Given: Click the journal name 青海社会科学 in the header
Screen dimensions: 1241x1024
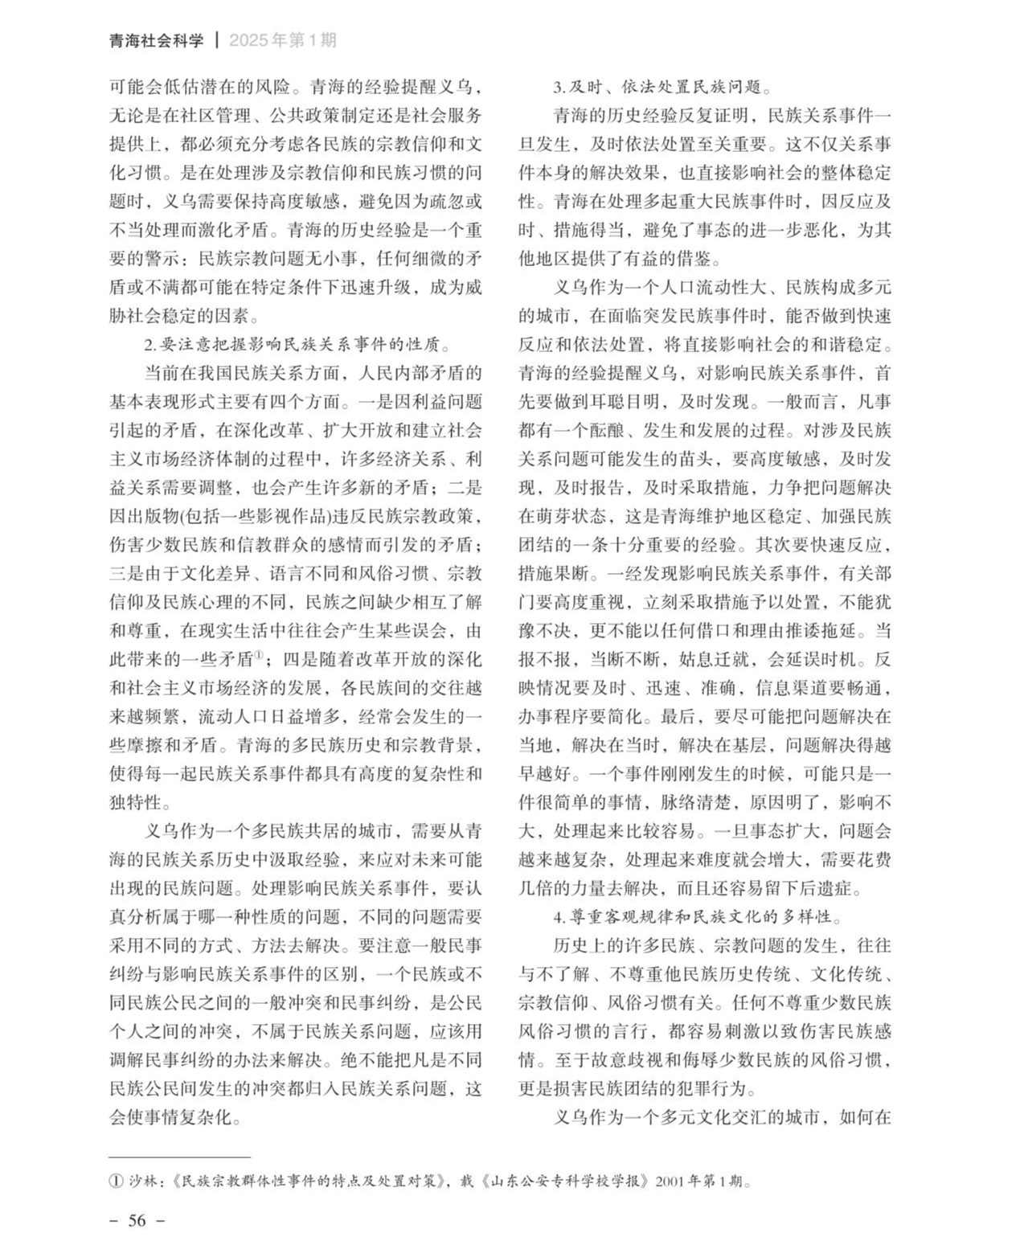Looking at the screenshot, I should click(x=156, y=40).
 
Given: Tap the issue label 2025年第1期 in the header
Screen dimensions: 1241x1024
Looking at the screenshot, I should click(x=283, y=40).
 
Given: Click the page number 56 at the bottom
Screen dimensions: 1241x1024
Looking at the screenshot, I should click(x=137, y=1220).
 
